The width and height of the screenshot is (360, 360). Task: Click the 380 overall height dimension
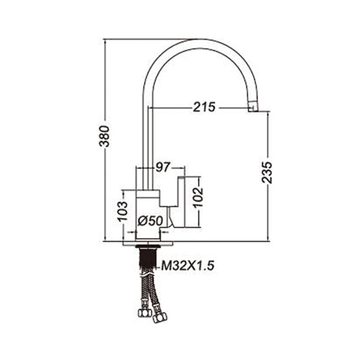(105, 136)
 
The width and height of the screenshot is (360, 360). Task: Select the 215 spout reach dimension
(204, 107)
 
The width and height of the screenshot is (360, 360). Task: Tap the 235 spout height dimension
(267, 172)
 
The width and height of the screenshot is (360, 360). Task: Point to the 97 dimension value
(163, 168)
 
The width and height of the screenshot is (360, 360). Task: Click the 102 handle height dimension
(198, 198)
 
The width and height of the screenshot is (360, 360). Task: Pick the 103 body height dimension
(122, 211)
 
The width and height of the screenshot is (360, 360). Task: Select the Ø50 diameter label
(151, 221)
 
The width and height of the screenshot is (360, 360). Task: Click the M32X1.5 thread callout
(188, 266)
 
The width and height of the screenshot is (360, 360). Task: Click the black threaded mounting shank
(148, 258)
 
